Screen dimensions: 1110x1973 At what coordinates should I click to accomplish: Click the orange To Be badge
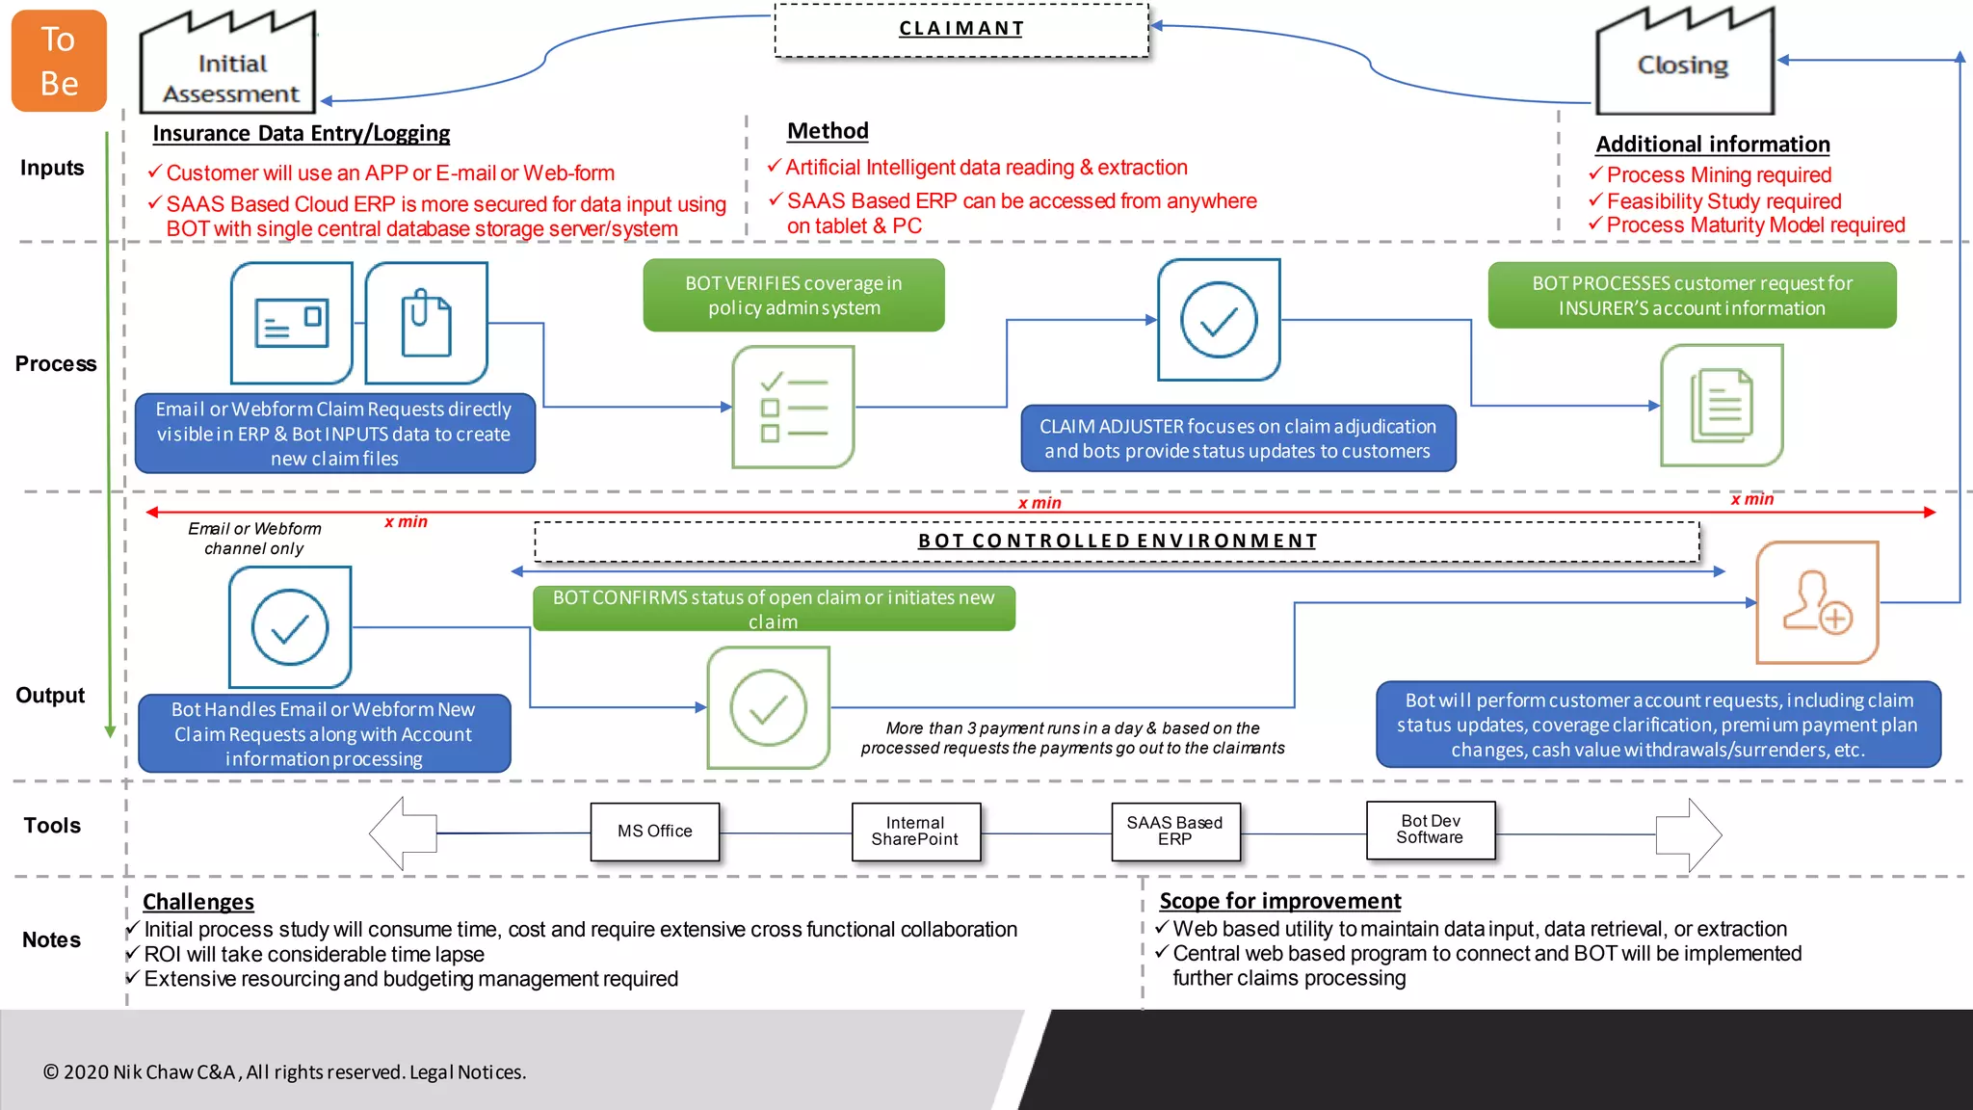59,61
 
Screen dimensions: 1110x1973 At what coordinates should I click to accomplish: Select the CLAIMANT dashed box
961,30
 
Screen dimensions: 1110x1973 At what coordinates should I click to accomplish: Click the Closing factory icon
1684,64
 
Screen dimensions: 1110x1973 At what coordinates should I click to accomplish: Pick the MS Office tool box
655,832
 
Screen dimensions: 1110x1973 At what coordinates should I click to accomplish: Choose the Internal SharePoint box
915,832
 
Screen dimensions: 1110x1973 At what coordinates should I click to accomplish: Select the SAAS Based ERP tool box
1174,832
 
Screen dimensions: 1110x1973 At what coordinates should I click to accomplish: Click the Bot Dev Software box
1431,830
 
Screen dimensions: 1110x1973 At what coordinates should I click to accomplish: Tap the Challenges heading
198,902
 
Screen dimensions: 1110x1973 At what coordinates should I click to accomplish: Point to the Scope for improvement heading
1279,901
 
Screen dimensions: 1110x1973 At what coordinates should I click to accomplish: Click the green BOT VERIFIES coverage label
794,296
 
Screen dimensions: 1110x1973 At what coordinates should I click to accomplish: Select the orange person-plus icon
1817,603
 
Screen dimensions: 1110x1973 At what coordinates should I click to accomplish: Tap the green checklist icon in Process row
794,408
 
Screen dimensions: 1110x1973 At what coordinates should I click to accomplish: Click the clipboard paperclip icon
426,323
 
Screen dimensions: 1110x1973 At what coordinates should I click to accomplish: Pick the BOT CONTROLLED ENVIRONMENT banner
1117,542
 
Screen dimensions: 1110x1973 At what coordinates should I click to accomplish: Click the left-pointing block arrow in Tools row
403,833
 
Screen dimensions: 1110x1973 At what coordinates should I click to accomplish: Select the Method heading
828,131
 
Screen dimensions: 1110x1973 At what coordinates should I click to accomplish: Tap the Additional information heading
1712,145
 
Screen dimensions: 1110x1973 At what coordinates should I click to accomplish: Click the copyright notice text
284,1072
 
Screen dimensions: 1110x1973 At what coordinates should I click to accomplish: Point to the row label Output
50,696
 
